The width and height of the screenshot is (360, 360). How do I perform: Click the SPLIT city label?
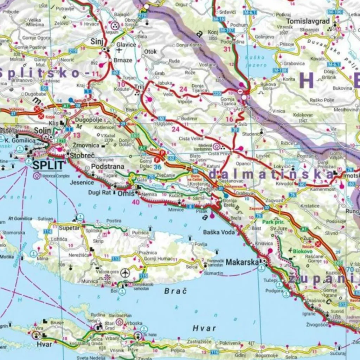49,165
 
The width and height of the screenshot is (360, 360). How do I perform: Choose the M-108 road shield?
281,70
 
